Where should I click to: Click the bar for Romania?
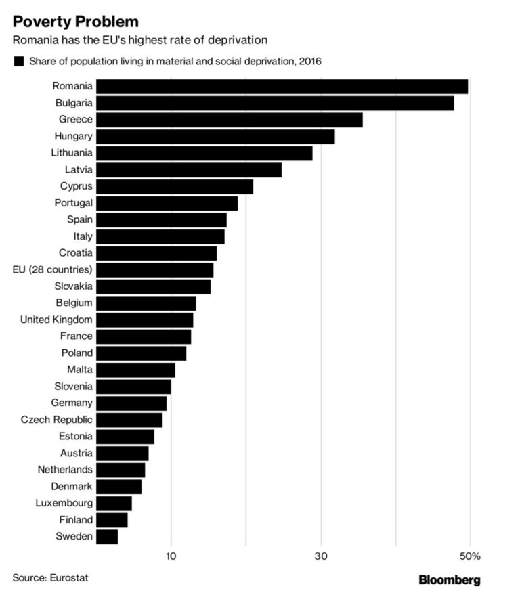pos(282,87)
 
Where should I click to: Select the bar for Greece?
pos(230,120)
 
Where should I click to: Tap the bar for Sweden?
pos(107,537)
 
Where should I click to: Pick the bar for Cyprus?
pos(175,187)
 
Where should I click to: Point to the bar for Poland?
pos(141,353)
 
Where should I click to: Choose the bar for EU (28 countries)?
pos(154,270)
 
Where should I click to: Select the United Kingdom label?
pos(56,320)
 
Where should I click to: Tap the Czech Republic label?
pos(56,420)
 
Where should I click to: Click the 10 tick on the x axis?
pos(171,556)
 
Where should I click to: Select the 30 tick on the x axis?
pos(321,556)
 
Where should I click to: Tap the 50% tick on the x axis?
pos(471,556)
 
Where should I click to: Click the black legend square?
pos(18,62)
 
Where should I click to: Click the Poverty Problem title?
pos(75,22)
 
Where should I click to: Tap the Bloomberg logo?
pos(450,579)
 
